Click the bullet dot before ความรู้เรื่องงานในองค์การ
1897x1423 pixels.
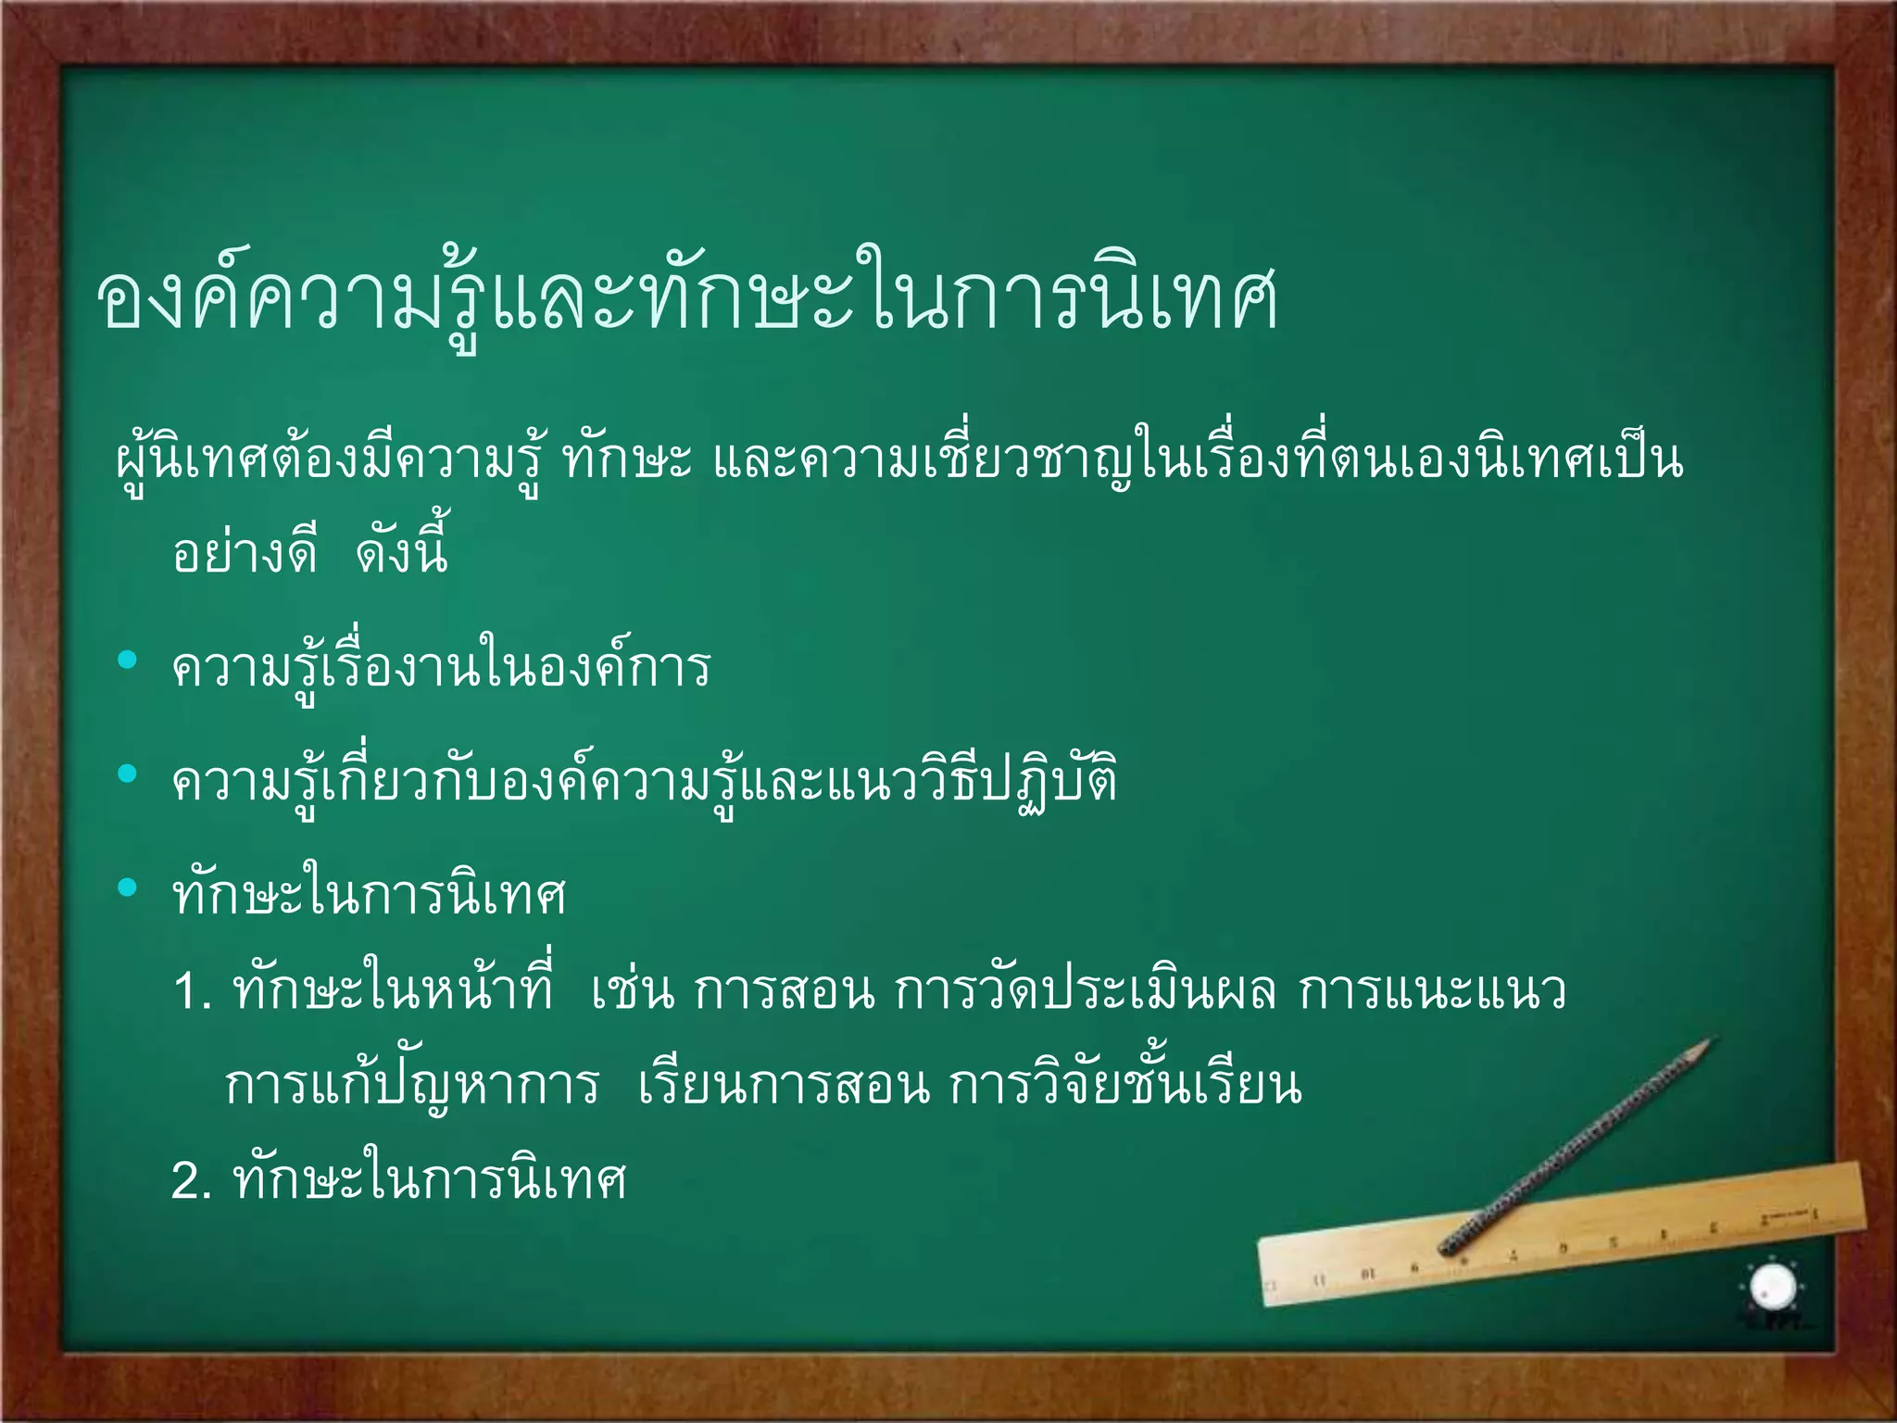(x=128, y=660)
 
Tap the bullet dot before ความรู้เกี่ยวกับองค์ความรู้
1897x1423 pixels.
(x=128, y=774)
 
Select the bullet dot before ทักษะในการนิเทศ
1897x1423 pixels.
(x=128, y=888)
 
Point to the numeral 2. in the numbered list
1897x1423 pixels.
(x=193, y=1182)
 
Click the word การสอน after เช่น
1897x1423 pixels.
(x=784, y=991)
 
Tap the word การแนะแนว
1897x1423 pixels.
(x=1432, y=991)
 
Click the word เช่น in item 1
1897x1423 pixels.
(x=633, y=991)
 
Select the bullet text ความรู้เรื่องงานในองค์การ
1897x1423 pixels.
(x=441, y=667)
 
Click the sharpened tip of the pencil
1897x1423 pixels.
(x=1712, y=1040)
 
